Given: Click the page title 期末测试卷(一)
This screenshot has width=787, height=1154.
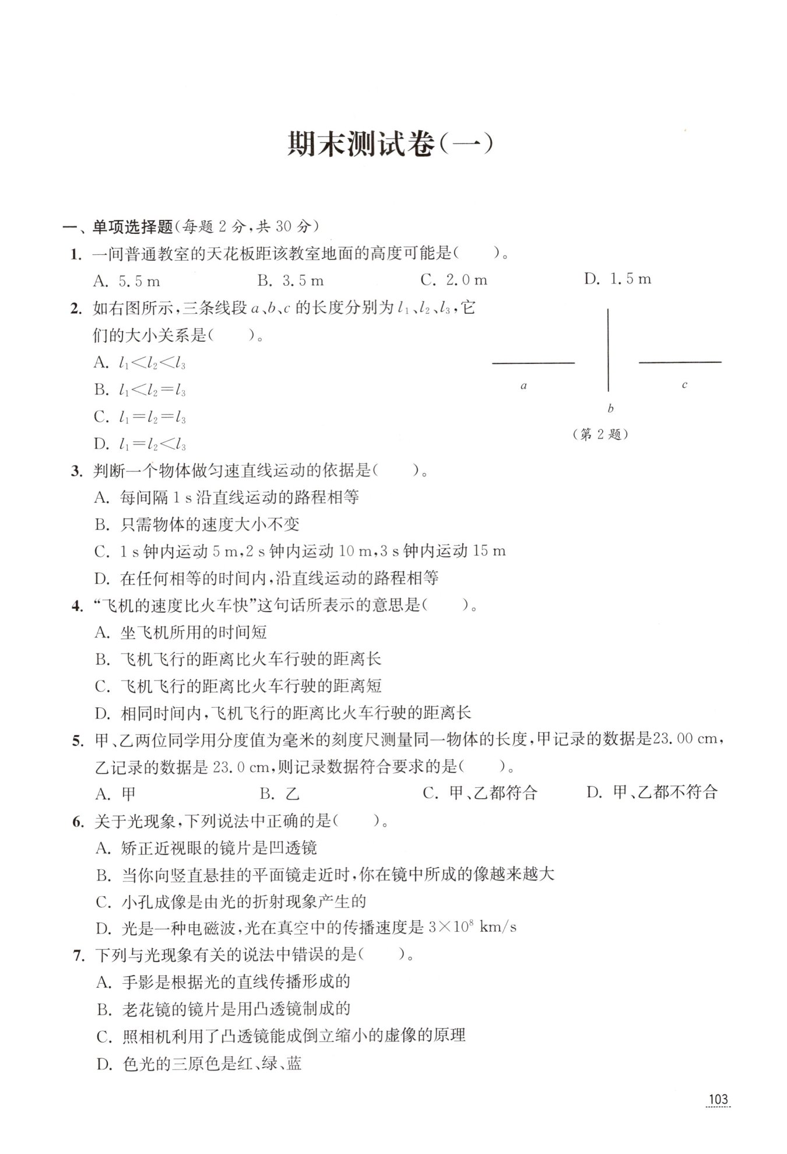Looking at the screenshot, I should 391,145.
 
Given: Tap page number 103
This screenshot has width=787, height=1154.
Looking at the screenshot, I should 718,1100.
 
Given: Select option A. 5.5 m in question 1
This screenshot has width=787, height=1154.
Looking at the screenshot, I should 127,281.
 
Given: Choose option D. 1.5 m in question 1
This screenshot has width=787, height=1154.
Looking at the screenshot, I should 617,279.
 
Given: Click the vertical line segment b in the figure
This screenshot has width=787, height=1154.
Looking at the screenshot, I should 608,350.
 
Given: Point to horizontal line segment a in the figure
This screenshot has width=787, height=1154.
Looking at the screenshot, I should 533,363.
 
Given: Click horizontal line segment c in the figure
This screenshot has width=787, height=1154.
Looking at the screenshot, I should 680,362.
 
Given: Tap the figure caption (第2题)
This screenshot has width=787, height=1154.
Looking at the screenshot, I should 600,434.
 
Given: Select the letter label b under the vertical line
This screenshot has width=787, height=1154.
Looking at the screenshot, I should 610,408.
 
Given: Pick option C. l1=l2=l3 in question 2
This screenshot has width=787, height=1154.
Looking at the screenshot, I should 140,417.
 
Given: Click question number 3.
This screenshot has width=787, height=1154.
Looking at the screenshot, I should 77,471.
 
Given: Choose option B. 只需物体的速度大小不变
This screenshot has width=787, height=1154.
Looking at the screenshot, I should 197,524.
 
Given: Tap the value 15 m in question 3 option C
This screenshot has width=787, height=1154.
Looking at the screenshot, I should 489,551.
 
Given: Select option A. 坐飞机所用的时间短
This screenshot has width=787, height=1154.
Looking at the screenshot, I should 181,632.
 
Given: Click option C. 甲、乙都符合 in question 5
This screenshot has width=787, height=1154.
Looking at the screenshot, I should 479,793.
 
